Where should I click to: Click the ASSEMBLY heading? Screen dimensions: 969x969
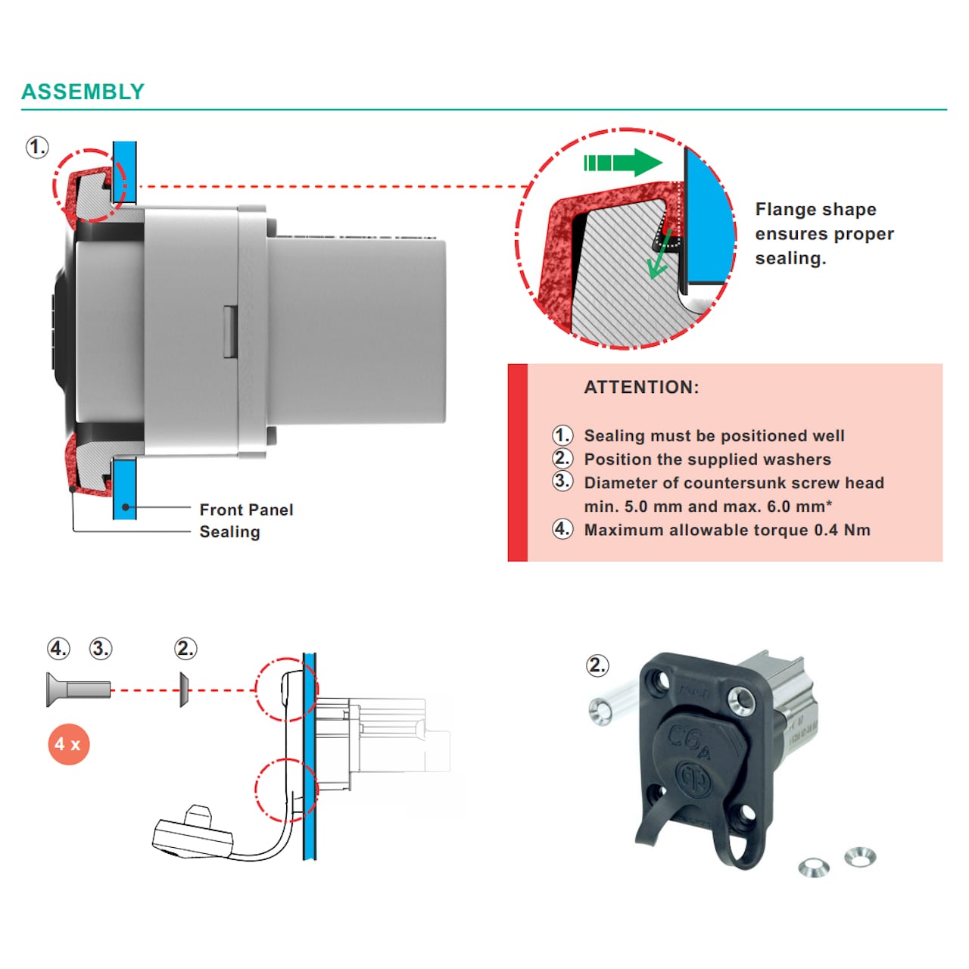coord(83,92)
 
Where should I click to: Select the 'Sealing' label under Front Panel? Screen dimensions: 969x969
coord(229,532)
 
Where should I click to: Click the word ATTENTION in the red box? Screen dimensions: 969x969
coord(641,388)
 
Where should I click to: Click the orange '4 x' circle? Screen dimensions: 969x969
coord(68,744)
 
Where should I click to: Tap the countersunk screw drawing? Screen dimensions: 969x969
coord(77,690)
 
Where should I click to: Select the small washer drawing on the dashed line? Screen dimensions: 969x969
coord(184,690)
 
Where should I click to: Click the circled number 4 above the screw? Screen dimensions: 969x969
coord(58,649)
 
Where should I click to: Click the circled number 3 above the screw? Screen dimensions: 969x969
coord(101,649)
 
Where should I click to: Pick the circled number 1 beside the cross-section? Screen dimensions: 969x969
coord(37,146)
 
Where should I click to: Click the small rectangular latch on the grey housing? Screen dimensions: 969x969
coord(230,332)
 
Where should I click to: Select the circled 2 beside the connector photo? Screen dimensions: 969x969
coord(597,665)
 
